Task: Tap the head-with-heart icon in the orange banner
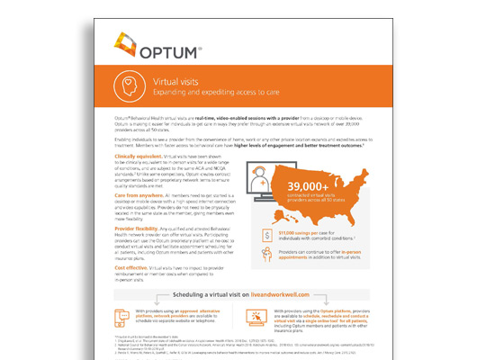pos(130,87)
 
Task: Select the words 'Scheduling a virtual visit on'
pos(222,296)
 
